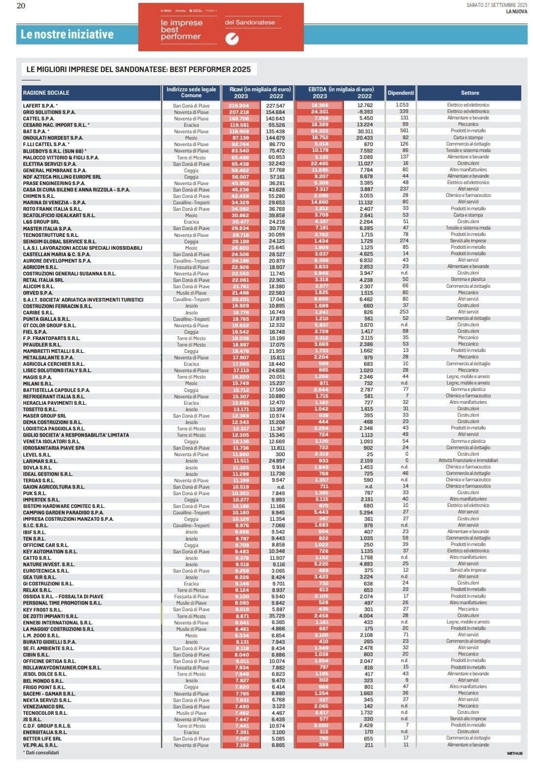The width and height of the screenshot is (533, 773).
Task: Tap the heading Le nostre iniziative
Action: (67, 35)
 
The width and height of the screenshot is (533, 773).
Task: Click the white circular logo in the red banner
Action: (232, 39)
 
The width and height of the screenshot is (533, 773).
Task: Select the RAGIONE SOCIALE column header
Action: (46, 93)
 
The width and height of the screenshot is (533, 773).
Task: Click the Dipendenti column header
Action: (401, 93)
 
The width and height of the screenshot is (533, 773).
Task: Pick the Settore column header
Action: (470, 93)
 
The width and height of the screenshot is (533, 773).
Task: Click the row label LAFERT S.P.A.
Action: (39, 106)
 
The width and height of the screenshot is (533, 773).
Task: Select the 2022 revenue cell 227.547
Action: (276, 106)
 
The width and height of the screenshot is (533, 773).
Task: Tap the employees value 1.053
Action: (402, 105)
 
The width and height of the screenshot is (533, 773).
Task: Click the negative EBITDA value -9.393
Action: (365, 112)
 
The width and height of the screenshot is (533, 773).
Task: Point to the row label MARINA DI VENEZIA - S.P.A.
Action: (54, 202)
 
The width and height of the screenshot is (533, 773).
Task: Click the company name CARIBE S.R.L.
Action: (39, 312)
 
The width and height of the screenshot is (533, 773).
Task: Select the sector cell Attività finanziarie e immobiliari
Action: (468, 461)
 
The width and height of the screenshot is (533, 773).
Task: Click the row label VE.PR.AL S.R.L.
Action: (41, 745)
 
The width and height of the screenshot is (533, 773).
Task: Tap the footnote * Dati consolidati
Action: (41, 753)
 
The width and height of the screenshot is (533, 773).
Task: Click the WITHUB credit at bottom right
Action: (514, 754)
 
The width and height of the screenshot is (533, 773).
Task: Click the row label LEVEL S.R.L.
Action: (37, 455)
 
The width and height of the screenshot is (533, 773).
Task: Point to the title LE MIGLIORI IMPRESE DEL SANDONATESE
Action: (138, 70)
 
